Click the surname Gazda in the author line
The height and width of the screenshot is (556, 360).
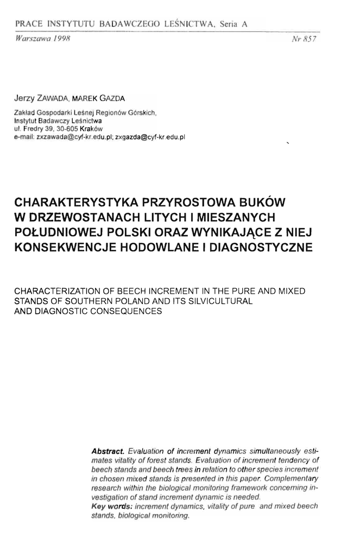pos(111,99)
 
